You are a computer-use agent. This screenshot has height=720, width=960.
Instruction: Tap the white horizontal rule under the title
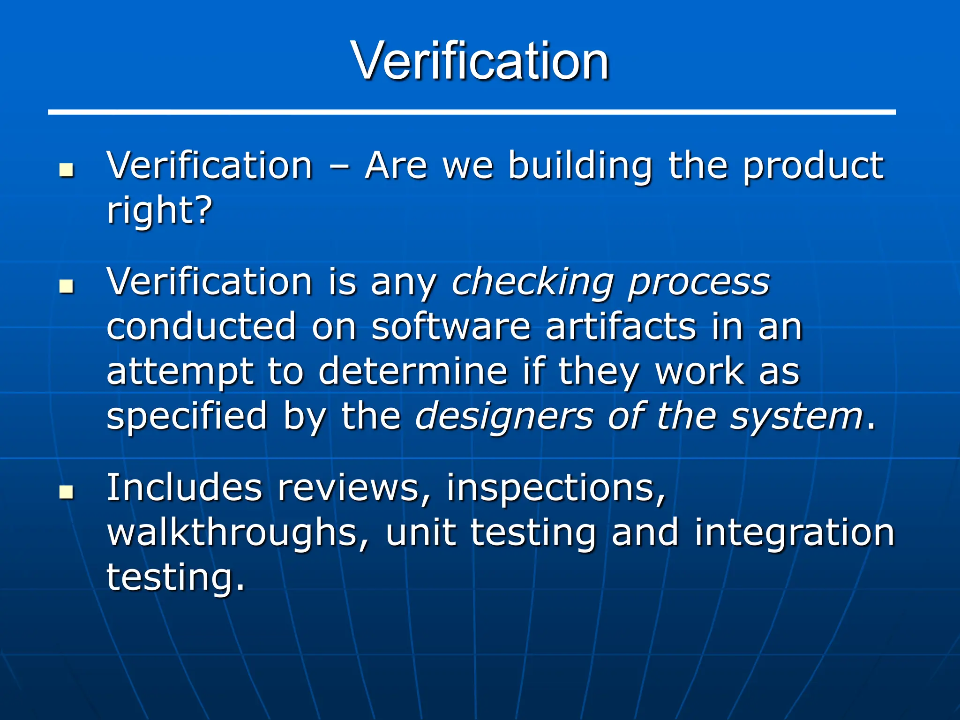pyautogui.click(x=472, y=112)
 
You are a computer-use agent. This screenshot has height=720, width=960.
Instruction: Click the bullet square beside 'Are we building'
pyautogui.click(x=67, y=170)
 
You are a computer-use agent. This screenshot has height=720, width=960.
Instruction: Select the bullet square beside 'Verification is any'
pyautogui.click(x=67, y=286)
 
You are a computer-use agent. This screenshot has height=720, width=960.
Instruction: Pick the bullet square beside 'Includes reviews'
pyautogui.click(x=67, y=492)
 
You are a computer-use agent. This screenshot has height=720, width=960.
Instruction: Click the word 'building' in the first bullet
pyautogui.click(x=580, y=166)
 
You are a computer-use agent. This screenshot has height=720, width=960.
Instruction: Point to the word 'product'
pyautogui.click(x=813, y=167)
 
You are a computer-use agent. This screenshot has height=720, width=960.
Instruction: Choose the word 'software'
pyautogui.click(x=450, y=326)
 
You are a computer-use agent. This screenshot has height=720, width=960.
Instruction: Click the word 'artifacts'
pyautogui.click(x=621, y=326)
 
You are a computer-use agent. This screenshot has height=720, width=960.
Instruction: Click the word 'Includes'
pyautogui.click(x=184, y=488)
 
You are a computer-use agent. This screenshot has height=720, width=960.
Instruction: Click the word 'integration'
pyautogui.click(x=795, y=533)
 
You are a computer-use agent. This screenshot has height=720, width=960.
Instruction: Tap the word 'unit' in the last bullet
pyautogui.click(x=420, y=532)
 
